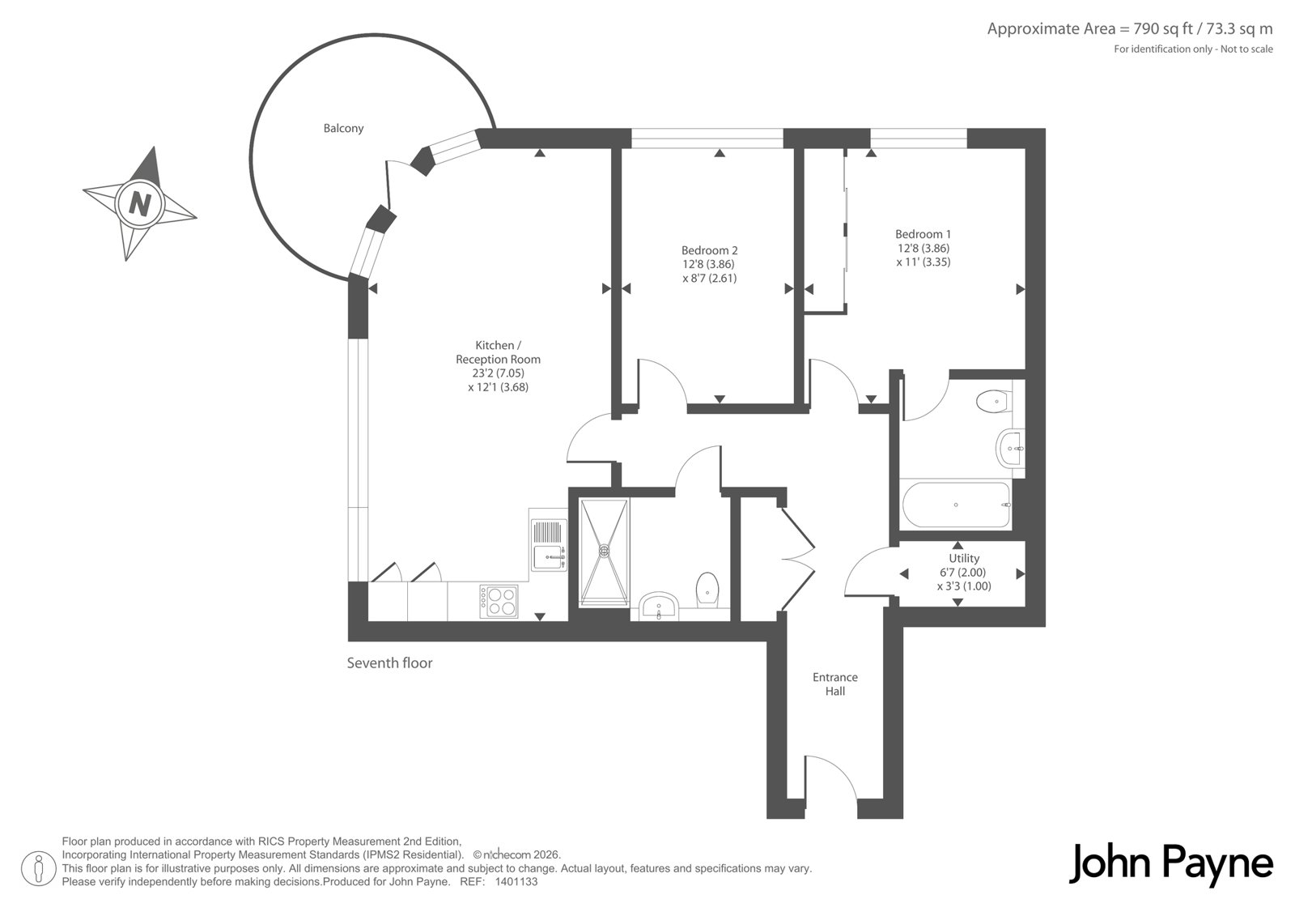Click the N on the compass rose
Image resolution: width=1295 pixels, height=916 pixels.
[140, 204]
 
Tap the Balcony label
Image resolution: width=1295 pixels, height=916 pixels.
[343, 129]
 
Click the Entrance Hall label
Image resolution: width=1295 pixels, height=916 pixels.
[835, 684]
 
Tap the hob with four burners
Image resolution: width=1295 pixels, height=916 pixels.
[499, 601]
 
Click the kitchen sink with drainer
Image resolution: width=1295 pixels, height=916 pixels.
[548, 544]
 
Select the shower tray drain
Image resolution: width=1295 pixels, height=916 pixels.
[604, 550]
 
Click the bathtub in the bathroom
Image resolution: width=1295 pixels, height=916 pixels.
[956, 505]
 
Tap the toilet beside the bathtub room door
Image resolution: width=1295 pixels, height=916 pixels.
[994, 401]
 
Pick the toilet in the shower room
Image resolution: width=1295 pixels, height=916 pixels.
[707, 590]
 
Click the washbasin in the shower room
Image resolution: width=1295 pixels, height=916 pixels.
[659, 607]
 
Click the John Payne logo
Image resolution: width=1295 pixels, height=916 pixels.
[1170, 864]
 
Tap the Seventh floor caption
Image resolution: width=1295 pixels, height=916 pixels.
[389, 663]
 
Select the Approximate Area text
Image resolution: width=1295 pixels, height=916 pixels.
[1130, 29]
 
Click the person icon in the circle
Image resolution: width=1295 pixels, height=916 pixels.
[38, 868]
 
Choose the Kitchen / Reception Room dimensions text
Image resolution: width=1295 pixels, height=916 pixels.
[499, 380]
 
